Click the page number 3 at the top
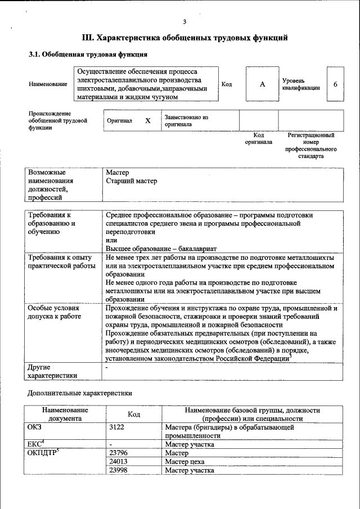tap(184, 22)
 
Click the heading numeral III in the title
tap(88, 38)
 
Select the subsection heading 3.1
tap(35, 55)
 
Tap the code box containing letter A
tap(262, 84)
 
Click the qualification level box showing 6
tap(335, 84)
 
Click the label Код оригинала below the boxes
tap(258, 139)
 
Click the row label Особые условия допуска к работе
tap(54, 313)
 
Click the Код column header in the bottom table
tap(134, 415)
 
